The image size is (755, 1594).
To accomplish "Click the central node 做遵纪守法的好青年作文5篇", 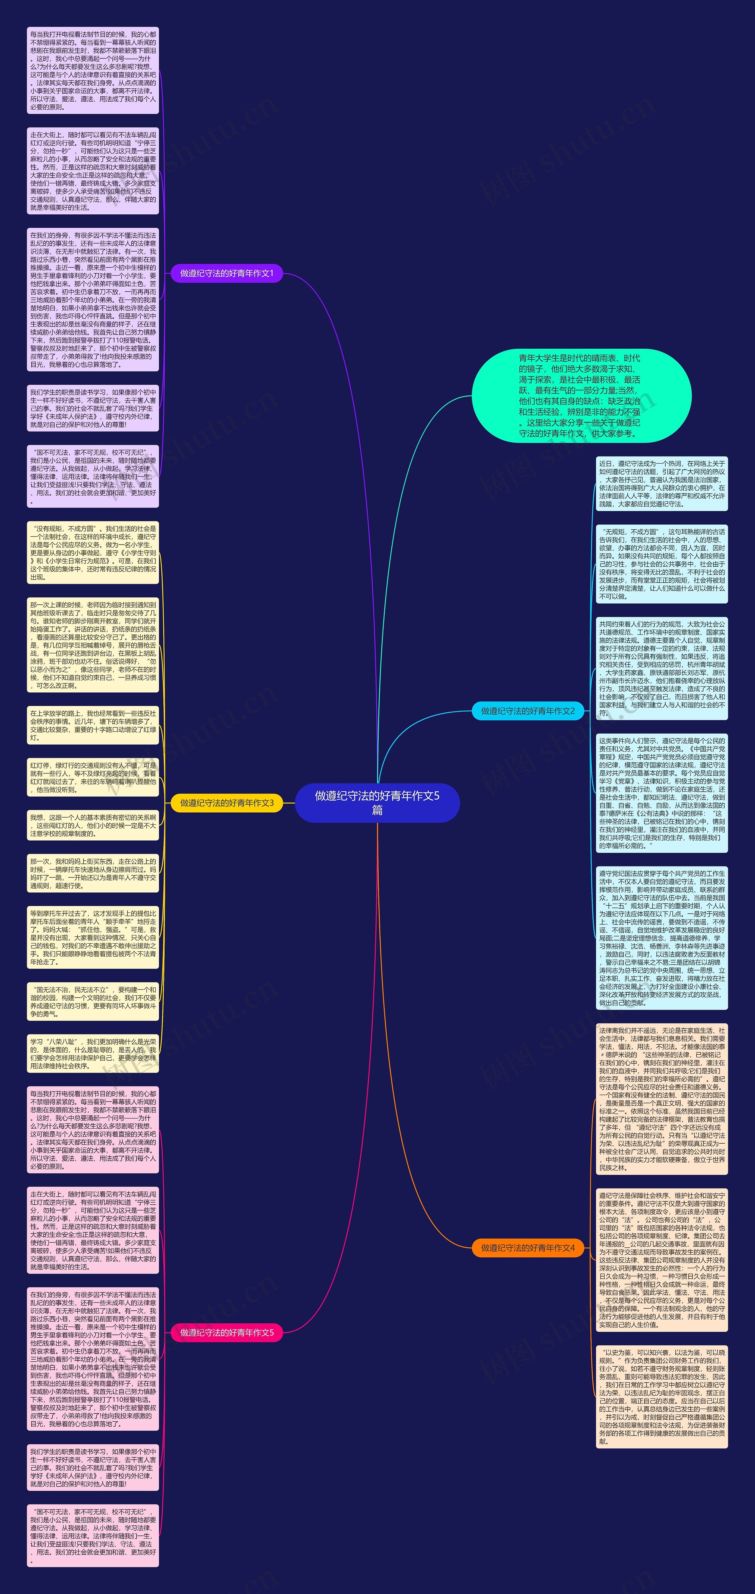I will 377,803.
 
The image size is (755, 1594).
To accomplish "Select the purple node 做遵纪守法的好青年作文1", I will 227,273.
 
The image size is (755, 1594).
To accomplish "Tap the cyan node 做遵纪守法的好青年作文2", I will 528,711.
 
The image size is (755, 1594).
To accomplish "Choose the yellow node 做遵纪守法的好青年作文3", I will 227,803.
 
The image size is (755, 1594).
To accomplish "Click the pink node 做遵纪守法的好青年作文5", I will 227,1332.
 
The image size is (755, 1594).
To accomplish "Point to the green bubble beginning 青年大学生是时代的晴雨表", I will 581,395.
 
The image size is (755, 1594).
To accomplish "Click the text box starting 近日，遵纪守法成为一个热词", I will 662,483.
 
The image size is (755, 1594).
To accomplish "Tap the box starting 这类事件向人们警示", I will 662,793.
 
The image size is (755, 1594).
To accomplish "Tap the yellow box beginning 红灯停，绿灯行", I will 93,777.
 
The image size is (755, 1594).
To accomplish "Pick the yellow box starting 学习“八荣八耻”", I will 93,1053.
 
